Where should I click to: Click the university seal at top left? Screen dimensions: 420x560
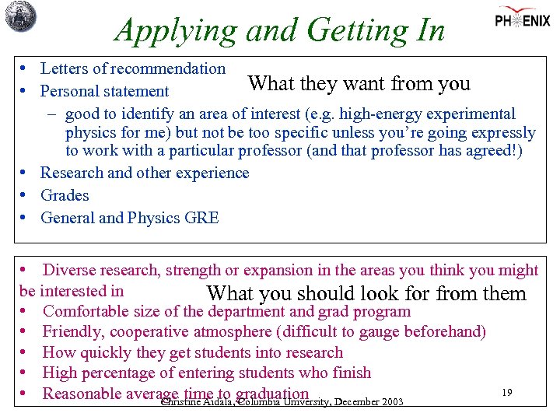tap(20, 16)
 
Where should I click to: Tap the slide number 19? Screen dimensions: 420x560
tap(506, 393)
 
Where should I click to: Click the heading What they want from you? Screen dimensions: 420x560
tap(359, 83)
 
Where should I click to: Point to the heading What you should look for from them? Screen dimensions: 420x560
tap(366, 294)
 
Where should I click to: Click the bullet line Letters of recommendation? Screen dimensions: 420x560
tap(132, 68)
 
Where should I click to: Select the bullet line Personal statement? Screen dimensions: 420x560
tap(104, 91)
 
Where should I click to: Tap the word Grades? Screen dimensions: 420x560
tap(65, 195)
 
